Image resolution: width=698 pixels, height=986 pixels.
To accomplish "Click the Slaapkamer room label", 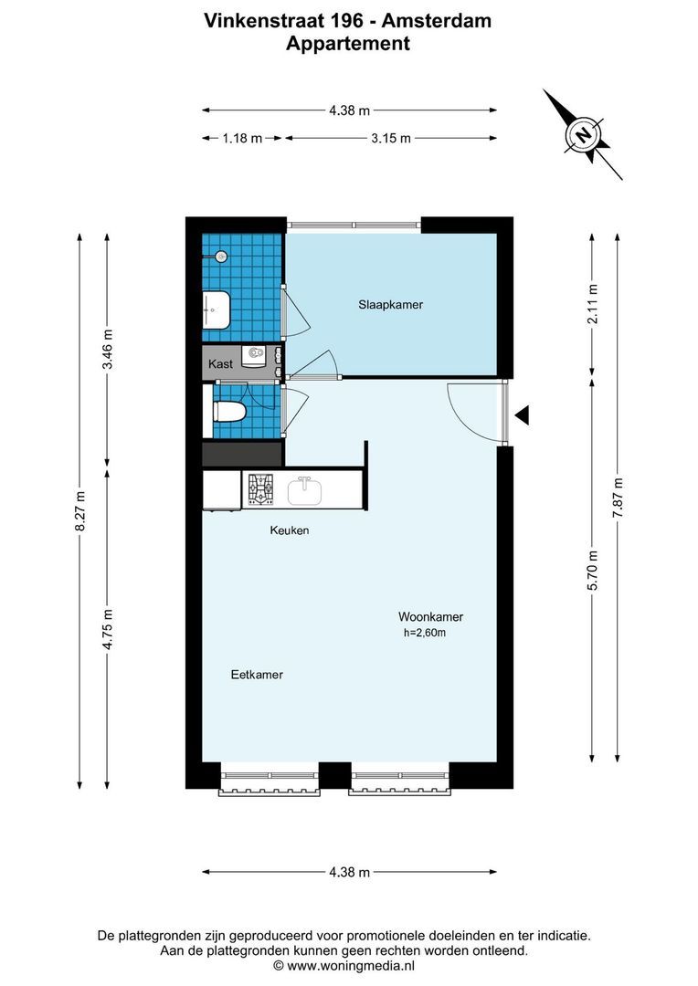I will click(x=390, y=305).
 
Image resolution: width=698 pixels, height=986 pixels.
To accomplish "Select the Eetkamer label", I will click(x=256, y=675).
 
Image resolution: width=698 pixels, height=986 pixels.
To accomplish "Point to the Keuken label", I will click(x=289, y=530).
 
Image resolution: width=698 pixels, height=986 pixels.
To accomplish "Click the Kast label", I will click(x=220, y=364).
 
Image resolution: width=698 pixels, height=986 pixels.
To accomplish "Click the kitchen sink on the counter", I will click(x=304, y=491).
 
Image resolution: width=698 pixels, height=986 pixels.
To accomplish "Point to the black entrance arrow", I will click(x=522, y=416).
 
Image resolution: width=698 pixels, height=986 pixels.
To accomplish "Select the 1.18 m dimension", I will click(x=242, y=138).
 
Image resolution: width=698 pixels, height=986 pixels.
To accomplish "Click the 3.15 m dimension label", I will click(x=390, y=138).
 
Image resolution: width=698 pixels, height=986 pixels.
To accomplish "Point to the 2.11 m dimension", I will click(x=593, y=305).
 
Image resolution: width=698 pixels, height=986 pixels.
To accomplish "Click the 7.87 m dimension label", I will click(x=619, y=498).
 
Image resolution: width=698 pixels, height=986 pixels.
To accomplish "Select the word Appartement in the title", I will click(x=348, y=43).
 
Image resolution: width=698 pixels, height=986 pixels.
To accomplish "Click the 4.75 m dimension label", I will click(x=108, y=629).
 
